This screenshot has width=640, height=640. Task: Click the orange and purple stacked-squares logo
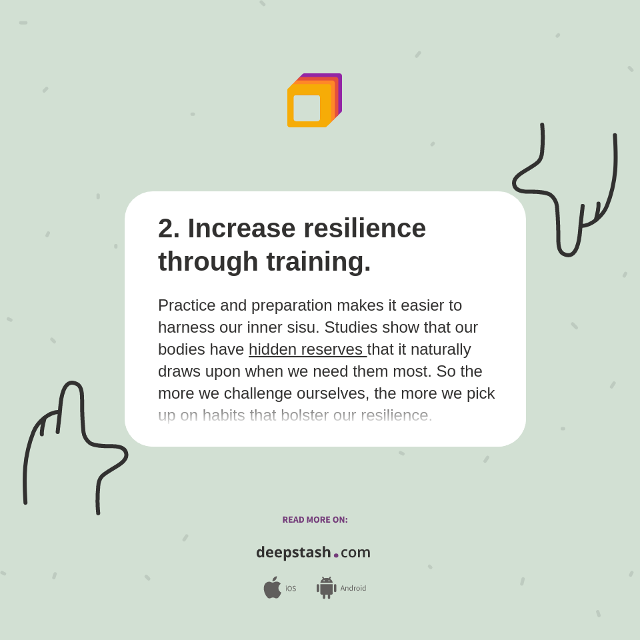[x=314, y=101]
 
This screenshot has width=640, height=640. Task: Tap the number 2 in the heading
[x=165, y=229]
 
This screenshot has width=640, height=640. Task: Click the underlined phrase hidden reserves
[x=307, y=349]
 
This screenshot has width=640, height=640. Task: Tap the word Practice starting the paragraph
[x=187, y=305]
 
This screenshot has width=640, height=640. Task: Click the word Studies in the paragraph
[x=349, y=327]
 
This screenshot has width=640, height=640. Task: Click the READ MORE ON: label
[x=315, y=520]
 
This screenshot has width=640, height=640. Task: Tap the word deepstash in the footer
[x=293, y=553]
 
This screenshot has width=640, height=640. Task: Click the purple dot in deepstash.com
[x=336, y=555]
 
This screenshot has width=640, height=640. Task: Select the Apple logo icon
[x=272, y=588]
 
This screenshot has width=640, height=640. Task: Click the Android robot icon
[x=327, y=588]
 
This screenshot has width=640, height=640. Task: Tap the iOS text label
[x=291, y=589]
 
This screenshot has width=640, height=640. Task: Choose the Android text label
[x=353, y=589]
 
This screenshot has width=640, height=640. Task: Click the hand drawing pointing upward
[x=73, y=440]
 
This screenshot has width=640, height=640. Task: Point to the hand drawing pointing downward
[x=567, y=193]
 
